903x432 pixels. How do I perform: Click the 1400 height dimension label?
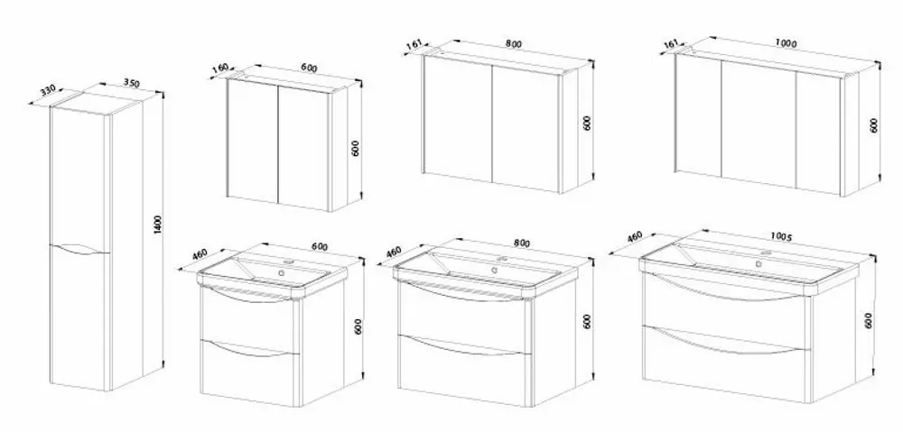[158, 225]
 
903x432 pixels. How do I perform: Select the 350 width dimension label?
[132, 83]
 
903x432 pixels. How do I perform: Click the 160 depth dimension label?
[220, 69]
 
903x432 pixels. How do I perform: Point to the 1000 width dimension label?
[786, 43]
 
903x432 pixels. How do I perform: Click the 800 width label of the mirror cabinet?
[513, 44]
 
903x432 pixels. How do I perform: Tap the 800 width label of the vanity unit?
[521, 244]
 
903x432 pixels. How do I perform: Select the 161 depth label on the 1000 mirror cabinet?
[670, 43]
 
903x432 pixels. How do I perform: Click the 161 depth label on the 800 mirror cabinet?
[414, 43]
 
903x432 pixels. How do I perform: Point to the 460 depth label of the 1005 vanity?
[634, 236]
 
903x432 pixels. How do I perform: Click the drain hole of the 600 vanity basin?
[282, 272]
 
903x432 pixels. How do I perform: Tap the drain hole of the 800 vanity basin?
[494, 270]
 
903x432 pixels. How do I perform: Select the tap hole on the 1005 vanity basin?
[767, 253]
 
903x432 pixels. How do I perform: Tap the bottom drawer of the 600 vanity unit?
[250, 372]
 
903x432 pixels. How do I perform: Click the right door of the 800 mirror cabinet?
[526, 128]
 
